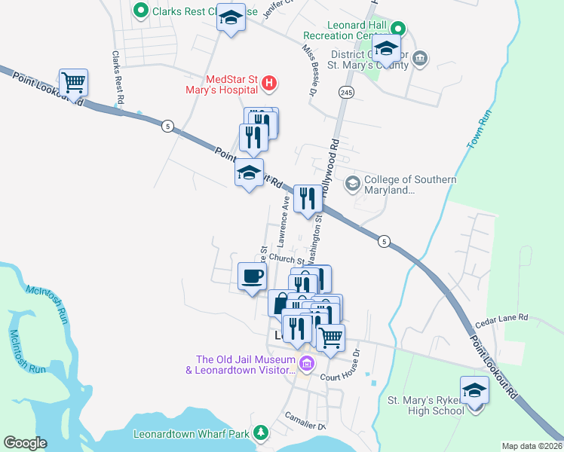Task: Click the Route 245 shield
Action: click(346, 91)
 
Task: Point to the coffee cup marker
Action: click(252, 276)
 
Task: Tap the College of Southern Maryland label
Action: click(409, 185)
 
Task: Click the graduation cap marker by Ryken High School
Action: click(474, 392)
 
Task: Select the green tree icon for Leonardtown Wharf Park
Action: click(260, 432)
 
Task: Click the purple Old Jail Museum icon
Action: click(306, 365)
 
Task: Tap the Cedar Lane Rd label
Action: click(501, 319)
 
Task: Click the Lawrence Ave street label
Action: click(284, 222)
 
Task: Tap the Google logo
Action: click(25, 443)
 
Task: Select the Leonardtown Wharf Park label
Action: click(191, 435)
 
